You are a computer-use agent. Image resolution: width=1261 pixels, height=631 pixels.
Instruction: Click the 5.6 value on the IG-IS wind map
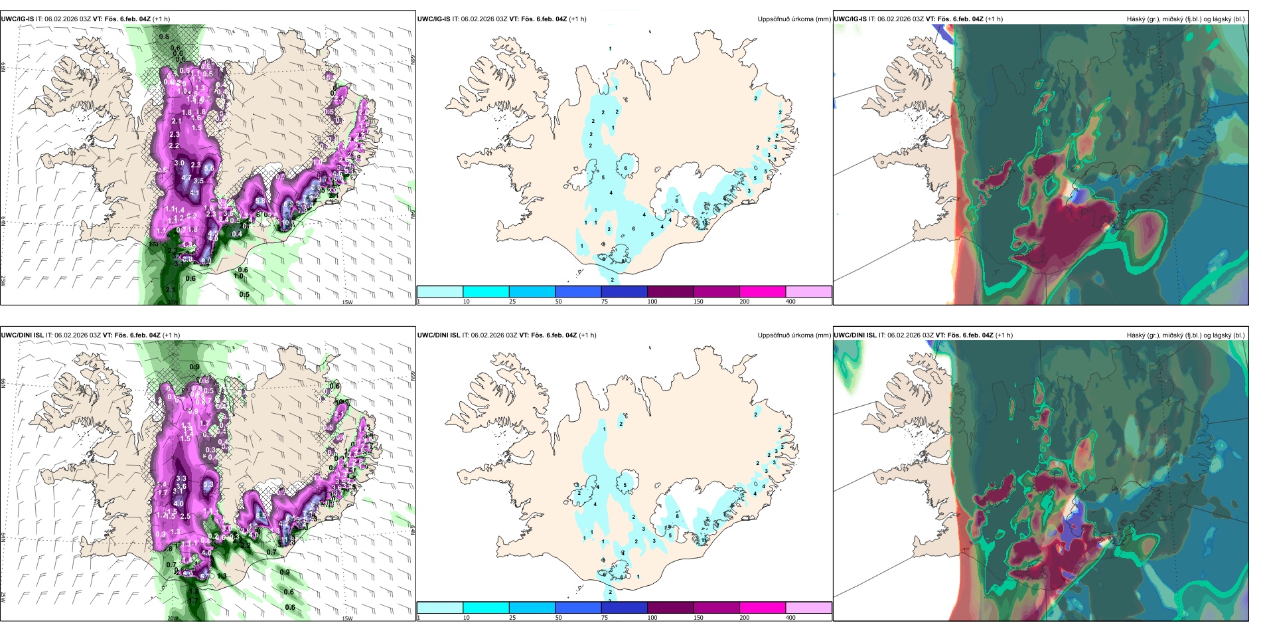(x=209, y=169)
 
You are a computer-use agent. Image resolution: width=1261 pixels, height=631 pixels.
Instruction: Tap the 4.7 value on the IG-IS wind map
(x=187, y=178)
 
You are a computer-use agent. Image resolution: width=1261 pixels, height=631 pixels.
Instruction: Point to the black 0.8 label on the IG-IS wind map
(x=164, y=37)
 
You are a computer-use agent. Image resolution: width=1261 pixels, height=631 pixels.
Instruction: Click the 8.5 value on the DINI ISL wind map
(x=260, y=515)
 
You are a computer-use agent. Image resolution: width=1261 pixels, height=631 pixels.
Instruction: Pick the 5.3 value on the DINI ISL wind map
(x=208, y=485)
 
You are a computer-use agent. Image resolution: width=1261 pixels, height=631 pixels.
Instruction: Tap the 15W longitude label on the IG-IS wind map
(x=346, y=302)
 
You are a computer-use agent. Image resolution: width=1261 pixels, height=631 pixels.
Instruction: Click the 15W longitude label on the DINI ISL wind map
(x=346, y=618)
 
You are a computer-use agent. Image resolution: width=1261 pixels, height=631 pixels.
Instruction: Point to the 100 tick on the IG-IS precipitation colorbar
(x=652, y=302)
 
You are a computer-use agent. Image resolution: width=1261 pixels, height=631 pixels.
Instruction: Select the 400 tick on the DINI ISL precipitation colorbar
(x=791, y=618)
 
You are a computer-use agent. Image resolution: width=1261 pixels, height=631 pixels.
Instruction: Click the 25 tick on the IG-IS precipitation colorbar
(x=512, y=302)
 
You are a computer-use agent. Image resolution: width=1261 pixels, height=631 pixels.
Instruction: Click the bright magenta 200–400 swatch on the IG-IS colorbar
(x=763, y=292)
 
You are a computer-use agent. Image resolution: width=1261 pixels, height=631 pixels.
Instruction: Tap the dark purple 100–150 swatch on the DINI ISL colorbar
(x=670, y=608)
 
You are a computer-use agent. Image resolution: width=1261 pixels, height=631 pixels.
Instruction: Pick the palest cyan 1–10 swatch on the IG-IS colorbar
(x=440, y=292)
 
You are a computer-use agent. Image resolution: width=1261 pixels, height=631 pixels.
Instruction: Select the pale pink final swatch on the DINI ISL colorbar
(x=808, y=608)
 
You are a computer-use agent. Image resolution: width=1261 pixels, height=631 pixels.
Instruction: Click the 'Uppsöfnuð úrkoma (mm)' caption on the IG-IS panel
(x=794, y=19)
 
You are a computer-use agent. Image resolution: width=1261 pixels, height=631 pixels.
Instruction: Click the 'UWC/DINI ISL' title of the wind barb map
(x=23, y=335)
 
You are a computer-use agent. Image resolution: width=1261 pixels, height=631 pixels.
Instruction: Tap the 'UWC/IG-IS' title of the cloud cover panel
(x=850, y=19)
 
